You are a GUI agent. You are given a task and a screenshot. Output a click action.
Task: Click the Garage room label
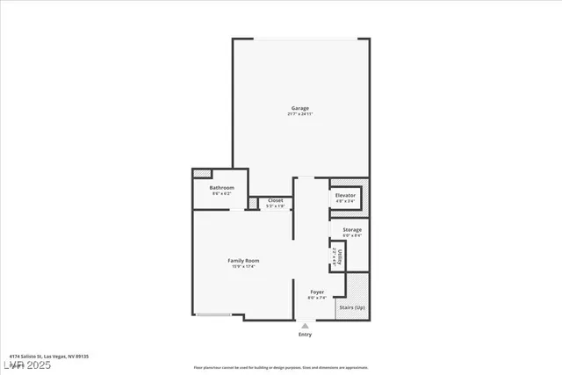point(300,108)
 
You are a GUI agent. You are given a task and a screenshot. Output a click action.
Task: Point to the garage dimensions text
point(300,115)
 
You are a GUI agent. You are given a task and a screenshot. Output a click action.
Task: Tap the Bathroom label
point(221,188)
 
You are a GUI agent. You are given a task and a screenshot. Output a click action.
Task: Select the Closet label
point(276,200)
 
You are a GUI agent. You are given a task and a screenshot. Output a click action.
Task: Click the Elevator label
point(345,194)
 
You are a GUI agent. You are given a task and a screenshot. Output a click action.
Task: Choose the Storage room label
point(352,229)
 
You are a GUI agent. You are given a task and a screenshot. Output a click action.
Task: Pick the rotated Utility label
point(335,256)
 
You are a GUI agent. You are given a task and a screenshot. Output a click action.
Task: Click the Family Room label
point(243,260)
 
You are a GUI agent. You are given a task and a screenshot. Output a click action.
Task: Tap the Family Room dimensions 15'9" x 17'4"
point(243,267)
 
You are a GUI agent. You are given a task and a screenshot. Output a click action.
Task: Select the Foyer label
point(317,292)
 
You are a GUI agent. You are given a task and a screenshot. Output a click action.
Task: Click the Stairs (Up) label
point(352,307)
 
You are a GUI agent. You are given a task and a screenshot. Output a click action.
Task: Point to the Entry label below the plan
point(305,335)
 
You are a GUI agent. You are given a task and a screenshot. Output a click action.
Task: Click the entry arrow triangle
point(305,325)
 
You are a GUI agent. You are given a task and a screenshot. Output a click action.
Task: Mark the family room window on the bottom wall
point(213,315)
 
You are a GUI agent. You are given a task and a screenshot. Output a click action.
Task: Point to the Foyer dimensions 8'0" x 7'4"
point(317,299)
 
